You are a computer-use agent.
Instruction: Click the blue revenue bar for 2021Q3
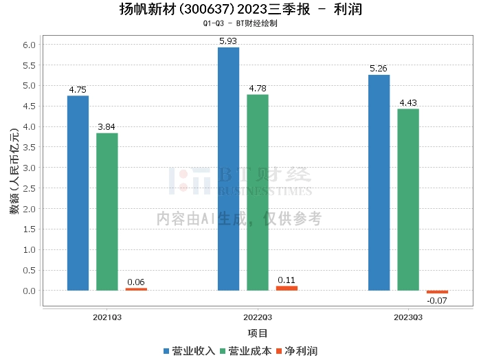click(78, 193)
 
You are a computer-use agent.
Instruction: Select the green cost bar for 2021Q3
click(107, 212)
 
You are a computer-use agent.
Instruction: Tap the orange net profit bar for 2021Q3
click(135, 289)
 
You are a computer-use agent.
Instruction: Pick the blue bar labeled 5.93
click(228, 169)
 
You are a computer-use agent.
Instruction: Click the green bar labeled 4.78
click(257, 192)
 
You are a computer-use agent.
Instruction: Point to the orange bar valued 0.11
click(287, 288)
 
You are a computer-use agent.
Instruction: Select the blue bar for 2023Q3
click(379, 183)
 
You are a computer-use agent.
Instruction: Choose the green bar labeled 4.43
click(407, 200)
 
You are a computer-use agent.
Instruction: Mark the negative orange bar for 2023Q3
click(437, 292)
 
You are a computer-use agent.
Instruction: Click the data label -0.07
click(437, 301)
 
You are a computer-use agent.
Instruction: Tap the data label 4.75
click(78, 89)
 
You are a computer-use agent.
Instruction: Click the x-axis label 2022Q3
click(257, 317)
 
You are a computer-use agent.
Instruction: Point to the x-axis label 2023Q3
click(407, 317)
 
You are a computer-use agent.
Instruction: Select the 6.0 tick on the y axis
click(30, 45)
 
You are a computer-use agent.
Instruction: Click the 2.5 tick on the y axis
click(30, 188)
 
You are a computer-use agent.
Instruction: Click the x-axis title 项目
click(257, 333)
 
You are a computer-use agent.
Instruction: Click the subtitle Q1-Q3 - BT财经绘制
click(240, 23)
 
